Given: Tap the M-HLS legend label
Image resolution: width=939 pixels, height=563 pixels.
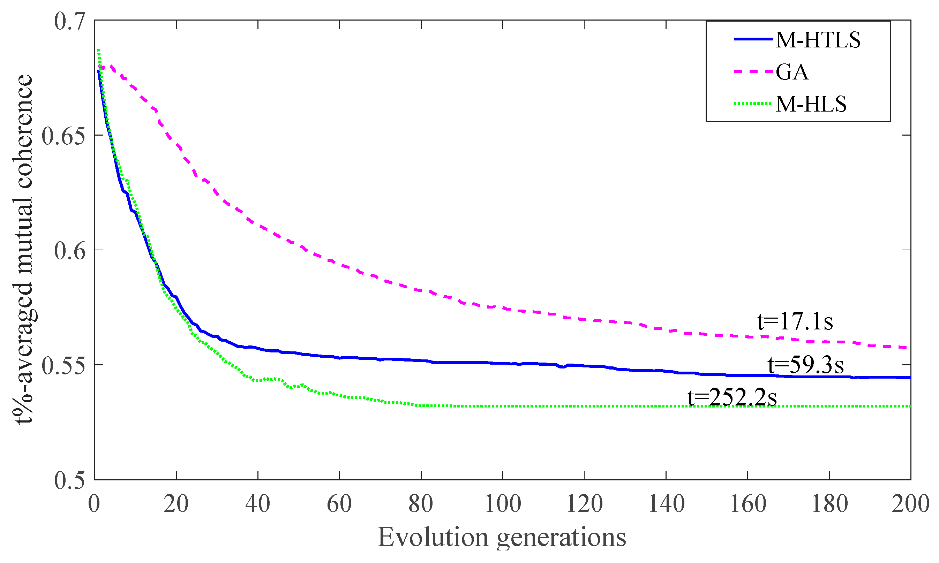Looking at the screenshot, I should tap(811, 104).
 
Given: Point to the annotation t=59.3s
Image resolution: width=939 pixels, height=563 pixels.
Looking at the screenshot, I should tap(805, 365).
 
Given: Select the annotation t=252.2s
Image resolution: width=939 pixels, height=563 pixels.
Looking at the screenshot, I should tap(732, 398).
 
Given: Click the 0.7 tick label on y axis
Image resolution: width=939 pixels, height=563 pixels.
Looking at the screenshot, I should tap(69, 21).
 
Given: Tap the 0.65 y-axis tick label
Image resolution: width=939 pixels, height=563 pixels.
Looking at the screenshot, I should tap(63, 136).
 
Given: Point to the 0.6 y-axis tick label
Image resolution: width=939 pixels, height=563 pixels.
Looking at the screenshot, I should tap(69, 251).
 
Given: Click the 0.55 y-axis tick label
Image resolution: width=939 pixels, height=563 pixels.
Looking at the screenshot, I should tap(63, 366).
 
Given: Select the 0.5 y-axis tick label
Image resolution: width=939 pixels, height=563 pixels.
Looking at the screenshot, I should tap(69, 481).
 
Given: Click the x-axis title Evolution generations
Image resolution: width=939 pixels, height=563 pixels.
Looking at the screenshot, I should tap(502, 538).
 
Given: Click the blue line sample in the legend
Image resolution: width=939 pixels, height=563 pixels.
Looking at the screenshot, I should tap(753, 39).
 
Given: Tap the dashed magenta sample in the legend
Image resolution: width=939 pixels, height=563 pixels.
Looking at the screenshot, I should tap(753, 71).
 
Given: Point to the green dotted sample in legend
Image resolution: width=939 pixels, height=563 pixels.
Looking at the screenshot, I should tap(753, 103).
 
